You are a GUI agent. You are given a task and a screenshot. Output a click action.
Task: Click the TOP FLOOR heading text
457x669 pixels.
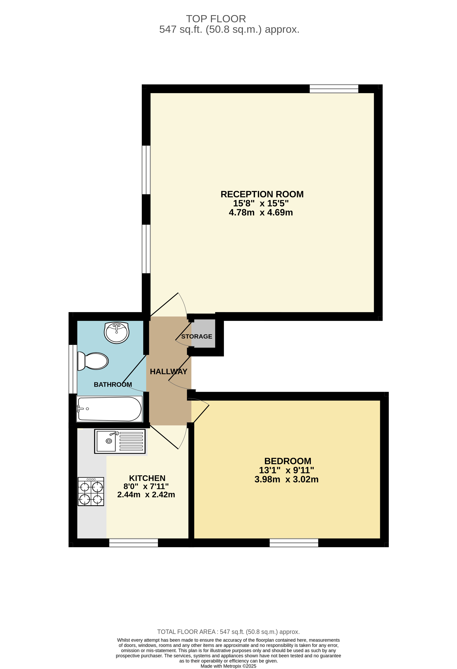[x=216, y=19]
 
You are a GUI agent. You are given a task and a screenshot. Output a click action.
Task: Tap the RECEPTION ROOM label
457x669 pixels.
[x=262, y=194]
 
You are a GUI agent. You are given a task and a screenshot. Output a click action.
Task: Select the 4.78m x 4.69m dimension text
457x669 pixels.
[x=261, y=212]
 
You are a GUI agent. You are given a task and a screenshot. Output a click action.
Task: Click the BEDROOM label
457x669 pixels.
[x=287, y=461]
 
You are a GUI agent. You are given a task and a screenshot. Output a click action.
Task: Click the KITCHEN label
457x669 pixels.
[x=147, y=478]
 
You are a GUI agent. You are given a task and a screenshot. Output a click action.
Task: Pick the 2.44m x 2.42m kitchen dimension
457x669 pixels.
[x=146, y=495]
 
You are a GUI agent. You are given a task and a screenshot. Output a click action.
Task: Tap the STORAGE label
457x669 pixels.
[x=197, y=336]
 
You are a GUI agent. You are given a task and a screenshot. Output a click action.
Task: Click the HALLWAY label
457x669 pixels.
[x=168, y=372]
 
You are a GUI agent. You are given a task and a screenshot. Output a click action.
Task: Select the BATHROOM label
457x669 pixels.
[x=113, y=385]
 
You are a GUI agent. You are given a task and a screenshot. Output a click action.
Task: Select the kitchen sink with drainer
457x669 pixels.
[x=120, y=441]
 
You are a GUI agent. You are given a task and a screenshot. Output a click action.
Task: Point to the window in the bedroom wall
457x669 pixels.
[x=294, y=543]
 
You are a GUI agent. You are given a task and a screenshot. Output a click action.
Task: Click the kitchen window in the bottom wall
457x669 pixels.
[x=133, y=543]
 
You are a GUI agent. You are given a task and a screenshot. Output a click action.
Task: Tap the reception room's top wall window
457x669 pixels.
[x=334, y=89]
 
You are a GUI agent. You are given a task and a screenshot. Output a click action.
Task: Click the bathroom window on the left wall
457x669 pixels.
[x=73, y=369]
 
